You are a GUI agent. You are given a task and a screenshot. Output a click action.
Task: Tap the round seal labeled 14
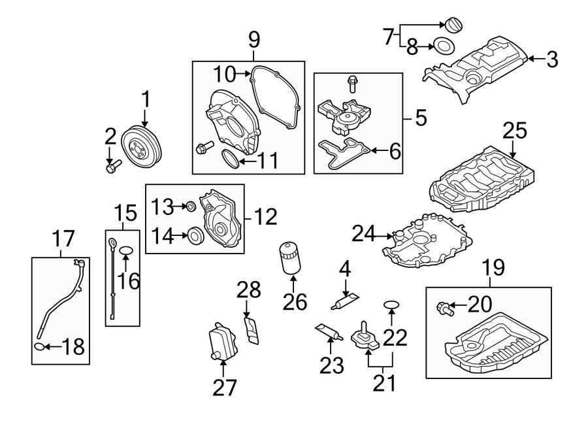pos(195,235)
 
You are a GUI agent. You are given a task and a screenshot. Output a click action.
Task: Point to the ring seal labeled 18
pos(41,346)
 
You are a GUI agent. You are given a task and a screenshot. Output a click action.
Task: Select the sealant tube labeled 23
pos(329,332)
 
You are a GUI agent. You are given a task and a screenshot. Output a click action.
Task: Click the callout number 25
pos(515,131)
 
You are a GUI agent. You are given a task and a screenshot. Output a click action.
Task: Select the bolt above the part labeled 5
pos(352,83)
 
